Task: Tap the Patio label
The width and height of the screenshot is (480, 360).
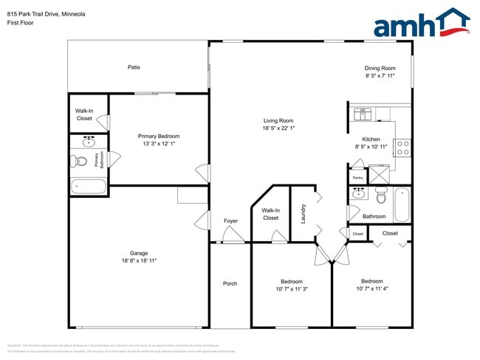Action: [x=134, y=67]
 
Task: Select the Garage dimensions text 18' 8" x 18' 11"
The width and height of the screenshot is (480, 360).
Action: [x=139, y=260]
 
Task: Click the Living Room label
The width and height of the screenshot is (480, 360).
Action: [x=279, y=121]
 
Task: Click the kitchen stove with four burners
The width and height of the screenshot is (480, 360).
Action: [x=402, y=148]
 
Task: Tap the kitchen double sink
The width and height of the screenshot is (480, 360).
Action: [x=363, y=114]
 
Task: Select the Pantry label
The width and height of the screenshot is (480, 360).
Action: [x=357, y=178]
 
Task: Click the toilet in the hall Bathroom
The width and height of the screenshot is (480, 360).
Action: [x=381, y=196]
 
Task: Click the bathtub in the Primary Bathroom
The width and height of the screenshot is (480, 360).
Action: [x=89, y=186]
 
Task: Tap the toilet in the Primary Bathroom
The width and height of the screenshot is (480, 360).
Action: [x=80, y=161]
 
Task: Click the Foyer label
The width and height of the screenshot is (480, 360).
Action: [x=230, y=221]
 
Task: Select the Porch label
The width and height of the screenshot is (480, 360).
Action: [x=230, y=283]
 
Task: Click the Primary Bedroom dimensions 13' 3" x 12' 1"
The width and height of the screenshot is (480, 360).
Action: [x=159, y=144]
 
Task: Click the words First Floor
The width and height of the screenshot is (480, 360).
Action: [x=20, y=23]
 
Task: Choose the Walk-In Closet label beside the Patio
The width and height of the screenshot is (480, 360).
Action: [x=84, y=114]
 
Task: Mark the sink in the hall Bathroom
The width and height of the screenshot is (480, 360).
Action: [x=359, y=194]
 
